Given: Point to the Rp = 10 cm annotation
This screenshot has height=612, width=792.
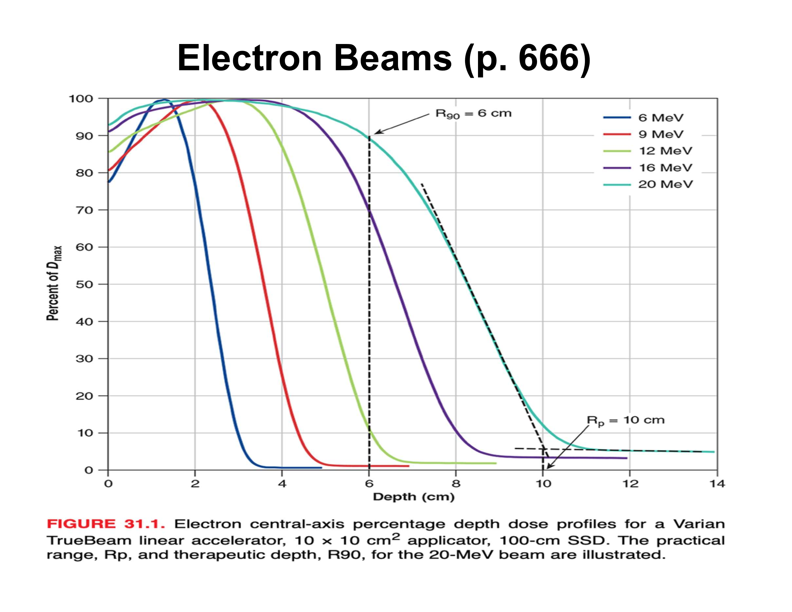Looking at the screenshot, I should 626,420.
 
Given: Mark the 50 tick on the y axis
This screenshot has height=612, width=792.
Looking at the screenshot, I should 84,284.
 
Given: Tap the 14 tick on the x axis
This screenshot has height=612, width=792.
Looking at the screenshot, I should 717,484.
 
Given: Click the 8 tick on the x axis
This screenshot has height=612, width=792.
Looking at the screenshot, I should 456,484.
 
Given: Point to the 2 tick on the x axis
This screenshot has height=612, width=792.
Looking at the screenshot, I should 195,484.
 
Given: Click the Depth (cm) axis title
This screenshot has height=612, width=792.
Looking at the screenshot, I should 413,497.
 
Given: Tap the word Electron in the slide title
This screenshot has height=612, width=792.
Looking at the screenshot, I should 249,58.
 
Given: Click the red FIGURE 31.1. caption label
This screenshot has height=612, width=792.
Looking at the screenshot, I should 106,524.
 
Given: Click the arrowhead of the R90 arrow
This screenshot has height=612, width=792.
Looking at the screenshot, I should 376,133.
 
